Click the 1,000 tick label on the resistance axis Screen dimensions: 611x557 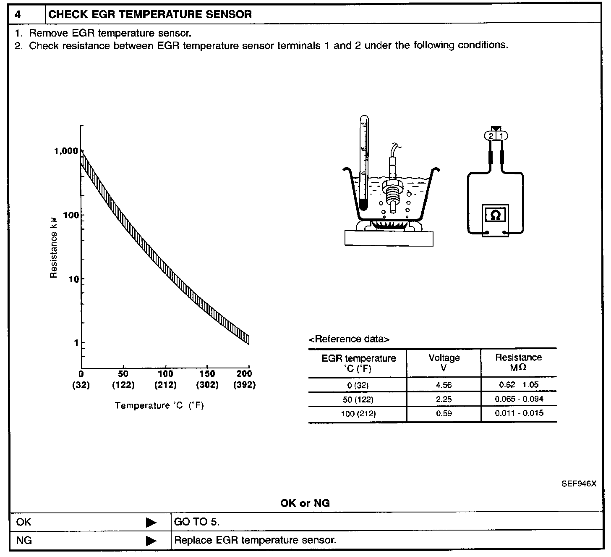[x=66, y=151]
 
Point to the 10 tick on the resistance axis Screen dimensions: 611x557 [x=73, y=279]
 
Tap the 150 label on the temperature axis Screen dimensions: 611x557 [x=207, y=374]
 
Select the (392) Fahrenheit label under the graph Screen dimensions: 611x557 [x=244, y=385]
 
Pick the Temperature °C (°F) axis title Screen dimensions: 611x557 [x=159, y=405]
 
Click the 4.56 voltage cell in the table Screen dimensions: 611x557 [x=444, y=385]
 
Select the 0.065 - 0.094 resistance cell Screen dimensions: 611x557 [x=519, y=399]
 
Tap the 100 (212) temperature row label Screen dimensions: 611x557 [x=358, y=414]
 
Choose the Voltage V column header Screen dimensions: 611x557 [x=444, y=363]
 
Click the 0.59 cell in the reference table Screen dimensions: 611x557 [x=444, y=413]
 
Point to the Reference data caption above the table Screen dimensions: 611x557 [x=349, y=339]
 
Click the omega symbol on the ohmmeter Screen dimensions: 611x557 [x=496, y=215]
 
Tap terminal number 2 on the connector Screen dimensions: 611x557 [x=491, y=136]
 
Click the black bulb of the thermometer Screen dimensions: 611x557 [x=363, y=205]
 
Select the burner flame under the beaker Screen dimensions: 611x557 [x=389, y=225]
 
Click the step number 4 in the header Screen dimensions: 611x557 [x=18, y=14]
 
